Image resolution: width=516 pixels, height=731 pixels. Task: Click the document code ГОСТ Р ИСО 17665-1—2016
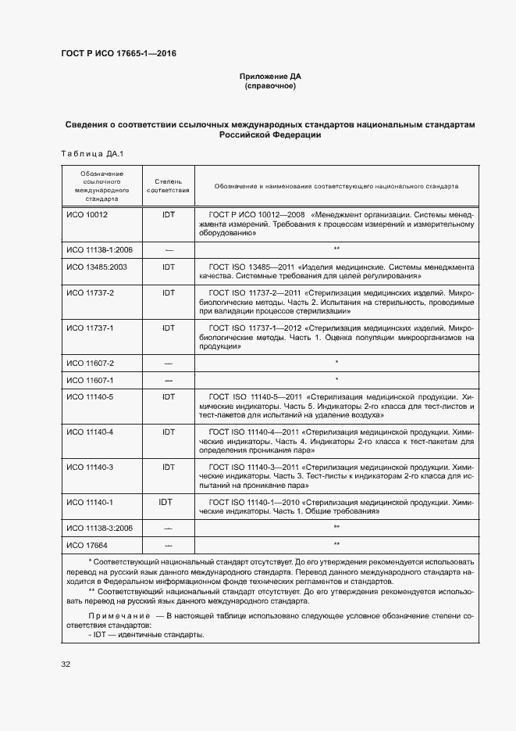click(x=118, y=53)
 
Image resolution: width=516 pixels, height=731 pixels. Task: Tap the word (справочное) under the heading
click(x=269, y=86)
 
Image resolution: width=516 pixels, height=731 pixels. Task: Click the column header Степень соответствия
click(x=168, y=186)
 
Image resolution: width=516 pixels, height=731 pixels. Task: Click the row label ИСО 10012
click(x=87, y=214)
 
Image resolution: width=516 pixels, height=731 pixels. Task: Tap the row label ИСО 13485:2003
click(x=96, y=267)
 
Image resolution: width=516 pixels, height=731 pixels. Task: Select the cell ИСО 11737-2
click(x=90, y=292)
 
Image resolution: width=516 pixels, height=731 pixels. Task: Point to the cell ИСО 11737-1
click(x=90, y=328)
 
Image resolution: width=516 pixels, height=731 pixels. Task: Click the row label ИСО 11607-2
click(x=90, y=363)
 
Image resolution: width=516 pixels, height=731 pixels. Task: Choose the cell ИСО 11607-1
click(x=90, y=380)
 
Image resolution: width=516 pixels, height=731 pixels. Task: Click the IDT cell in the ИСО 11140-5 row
click(x=168, y=398)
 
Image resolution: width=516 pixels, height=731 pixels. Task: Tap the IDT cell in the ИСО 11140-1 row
click(x=167, y=502)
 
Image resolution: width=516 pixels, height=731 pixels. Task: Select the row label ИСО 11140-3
click(x=90, y=468)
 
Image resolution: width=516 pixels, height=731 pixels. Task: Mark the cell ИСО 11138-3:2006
click(x=99, y=529)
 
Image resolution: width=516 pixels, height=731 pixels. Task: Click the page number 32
click(x=66, y=665)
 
